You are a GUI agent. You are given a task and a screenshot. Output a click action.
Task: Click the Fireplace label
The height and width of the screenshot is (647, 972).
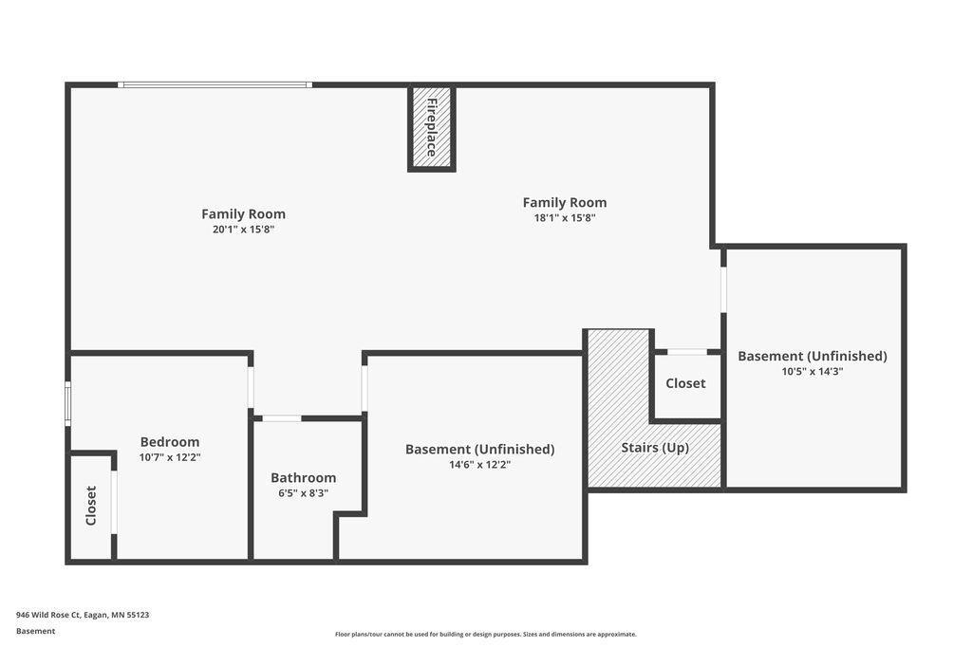click(x=432, y=127)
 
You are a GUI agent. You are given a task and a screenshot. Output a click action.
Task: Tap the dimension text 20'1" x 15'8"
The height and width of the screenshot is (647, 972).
click(x=244, y=230)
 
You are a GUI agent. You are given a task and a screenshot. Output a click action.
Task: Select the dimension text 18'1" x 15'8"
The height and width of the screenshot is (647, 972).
click(x=565, y=217)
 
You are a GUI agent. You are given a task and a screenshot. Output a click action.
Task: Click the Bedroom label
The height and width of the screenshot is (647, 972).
click(x=170, y=442)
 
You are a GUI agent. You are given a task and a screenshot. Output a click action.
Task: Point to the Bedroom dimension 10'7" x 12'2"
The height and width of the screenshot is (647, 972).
click(x=170, y=457)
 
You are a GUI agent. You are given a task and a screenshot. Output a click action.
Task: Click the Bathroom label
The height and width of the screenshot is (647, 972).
click(x=303, y=478)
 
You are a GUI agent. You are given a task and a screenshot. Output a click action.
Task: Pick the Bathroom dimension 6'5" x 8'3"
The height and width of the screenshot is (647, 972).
click(x=303, y=493)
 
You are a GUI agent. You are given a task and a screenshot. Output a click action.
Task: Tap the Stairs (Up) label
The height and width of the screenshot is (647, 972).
click(x=655, y=448)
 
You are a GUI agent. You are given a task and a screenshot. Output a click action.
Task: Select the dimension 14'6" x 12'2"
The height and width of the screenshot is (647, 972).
click(x=479, y=465)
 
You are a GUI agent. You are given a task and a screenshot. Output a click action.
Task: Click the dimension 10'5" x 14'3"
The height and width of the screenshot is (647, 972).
click(x=813, y=372)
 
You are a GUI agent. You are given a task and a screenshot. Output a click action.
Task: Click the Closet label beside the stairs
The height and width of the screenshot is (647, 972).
click(x=685, y=383)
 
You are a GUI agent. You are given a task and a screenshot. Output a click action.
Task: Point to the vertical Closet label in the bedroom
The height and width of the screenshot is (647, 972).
click(x=91, y=506)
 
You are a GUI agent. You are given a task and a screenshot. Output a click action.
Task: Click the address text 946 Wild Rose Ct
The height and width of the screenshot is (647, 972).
click(x=48, y=615)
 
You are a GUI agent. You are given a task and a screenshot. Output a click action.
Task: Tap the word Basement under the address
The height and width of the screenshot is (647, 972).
click(x=35, y=631)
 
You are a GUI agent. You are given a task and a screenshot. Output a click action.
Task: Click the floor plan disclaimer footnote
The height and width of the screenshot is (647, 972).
click(x=485, y=634)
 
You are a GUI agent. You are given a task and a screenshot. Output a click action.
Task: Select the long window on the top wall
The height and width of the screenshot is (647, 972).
click(x=215, y=84)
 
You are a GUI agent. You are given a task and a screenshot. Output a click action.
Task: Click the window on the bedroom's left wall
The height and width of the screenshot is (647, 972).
click(x=68, y=403)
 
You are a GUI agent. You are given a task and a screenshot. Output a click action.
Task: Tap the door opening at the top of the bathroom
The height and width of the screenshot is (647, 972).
click(x=282, y=419)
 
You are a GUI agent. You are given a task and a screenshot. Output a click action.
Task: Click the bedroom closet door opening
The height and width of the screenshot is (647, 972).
click(x=114, y=503)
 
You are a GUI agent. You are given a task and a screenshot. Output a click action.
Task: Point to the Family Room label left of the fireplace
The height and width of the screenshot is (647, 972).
click(x=244, y=213)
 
